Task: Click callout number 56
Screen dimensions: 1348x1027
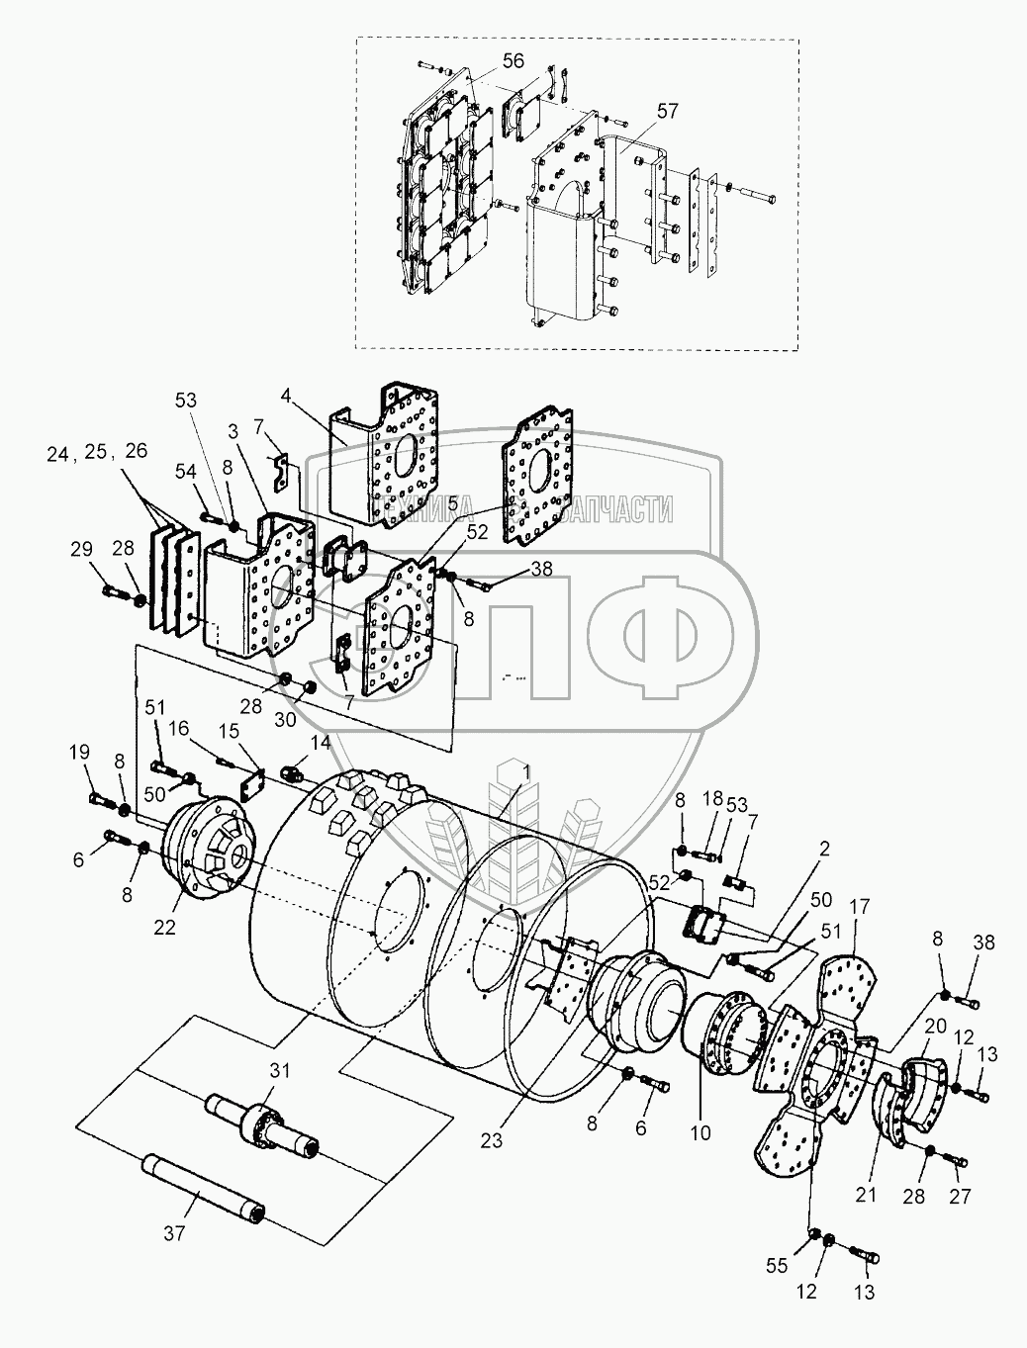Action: (x=513, y=61)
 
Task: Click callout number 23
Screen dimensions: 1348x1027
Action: (x=492, y=1139)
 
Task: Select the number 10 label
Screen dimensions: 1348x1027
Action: (x=700, y=1132)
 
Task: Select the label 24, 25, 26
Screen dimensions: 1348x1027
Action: (x=96, y=452)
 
